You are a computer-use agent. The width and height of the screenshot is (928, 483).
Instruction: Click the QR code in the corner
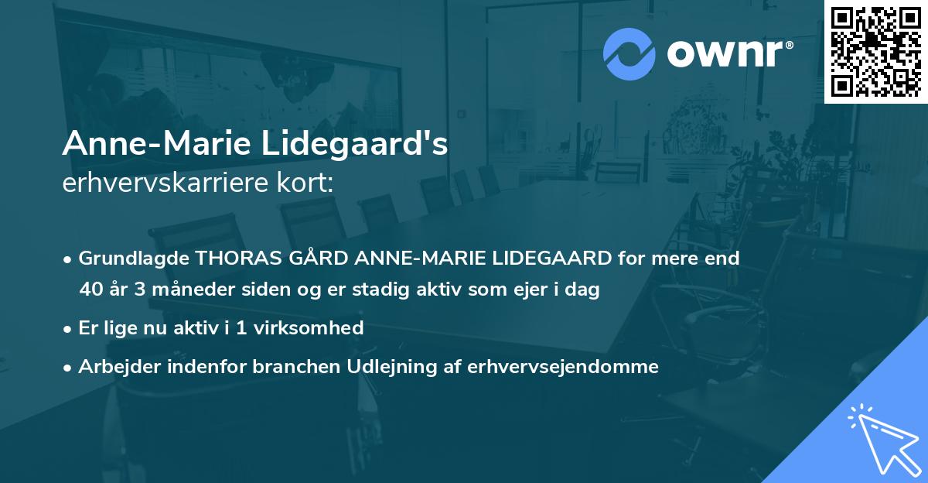pyautogui.click(x=875, y=51)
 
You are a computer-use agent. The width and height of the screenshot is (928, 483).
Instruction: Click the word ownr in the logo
pyautogui.click(x=725, y=53)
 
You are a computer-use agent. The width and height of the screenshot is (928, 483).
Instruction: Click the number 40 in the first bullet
pyautogui.click(x=90, y=290)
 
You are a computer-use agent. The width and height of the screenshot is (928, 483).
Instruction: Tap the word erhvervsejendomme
pyautogui.click(x=563, y=367)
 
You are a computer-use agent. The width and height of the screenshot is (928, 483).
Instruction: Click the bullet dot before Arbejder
pyautogui.click(x=69, y=368)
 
